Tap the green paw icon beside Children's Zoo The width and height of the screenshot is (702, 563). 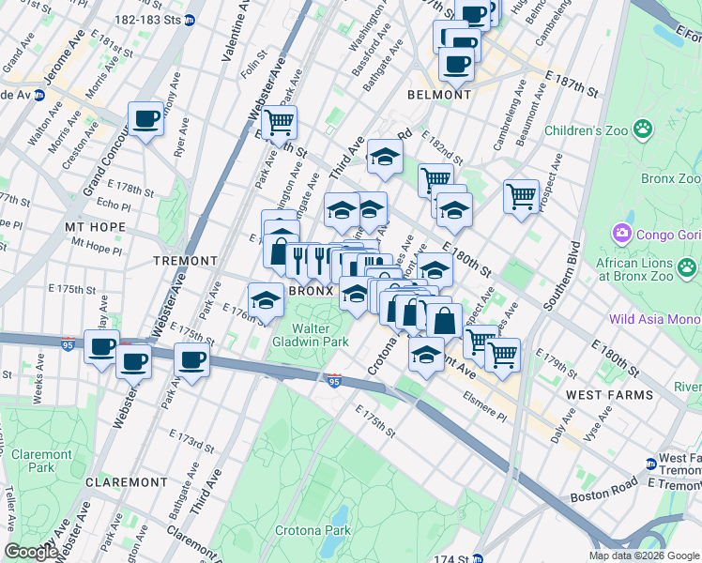click(x=643, y=129)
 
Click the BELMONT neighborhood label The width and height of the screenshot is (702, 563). click(x=439, y=95)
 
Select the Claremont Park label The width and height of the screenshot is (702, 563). click(x=41, y=461)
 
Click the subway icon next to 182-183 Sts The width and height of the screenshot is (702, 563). click(x=190, y=19)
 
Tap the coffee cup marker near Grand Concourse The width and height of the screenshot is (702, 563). click(x=146, y=119)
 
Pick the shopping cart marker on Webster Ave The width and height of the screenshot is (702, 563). click(x=279, y=122)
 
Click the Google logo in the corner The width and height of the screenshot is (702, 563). click(x=31, y=552)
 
